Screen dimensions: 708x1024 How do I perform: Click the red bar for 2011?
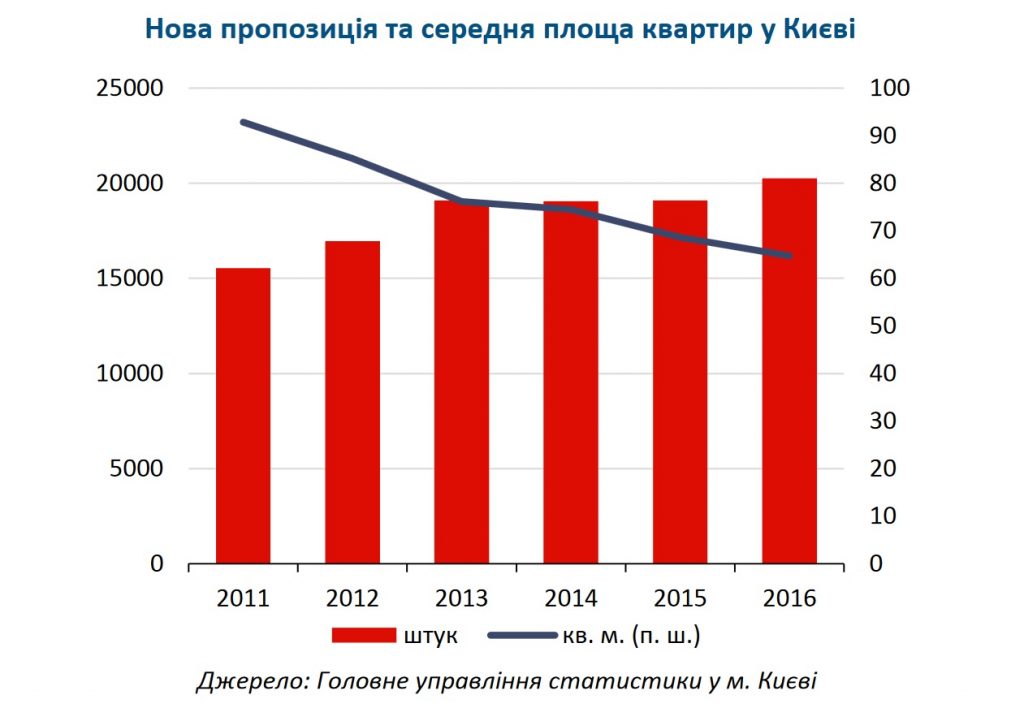coord(243,415)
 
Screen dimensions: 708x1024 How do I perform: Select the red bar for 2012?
coord(353,402)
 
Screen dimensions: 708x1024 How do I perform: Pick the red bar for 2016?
coord(789,370)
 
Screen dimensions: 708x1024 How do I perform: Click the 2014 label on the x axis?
coord(571,598)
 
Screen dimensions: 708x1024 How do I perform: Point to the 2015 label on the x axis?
coord(680,598)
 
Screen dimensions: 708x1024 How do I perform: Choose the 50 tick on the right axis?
coord(883,327)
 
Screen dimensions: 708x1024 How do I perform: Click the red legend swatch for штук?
coord(364,635)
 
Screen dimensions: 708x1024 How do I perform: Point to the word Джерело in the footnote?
coord(248,682)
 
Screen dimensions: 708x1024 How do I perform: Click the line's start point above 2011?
coord(243,122)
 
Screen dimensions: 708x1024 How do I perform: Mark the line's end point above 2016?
coord(789,256)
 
